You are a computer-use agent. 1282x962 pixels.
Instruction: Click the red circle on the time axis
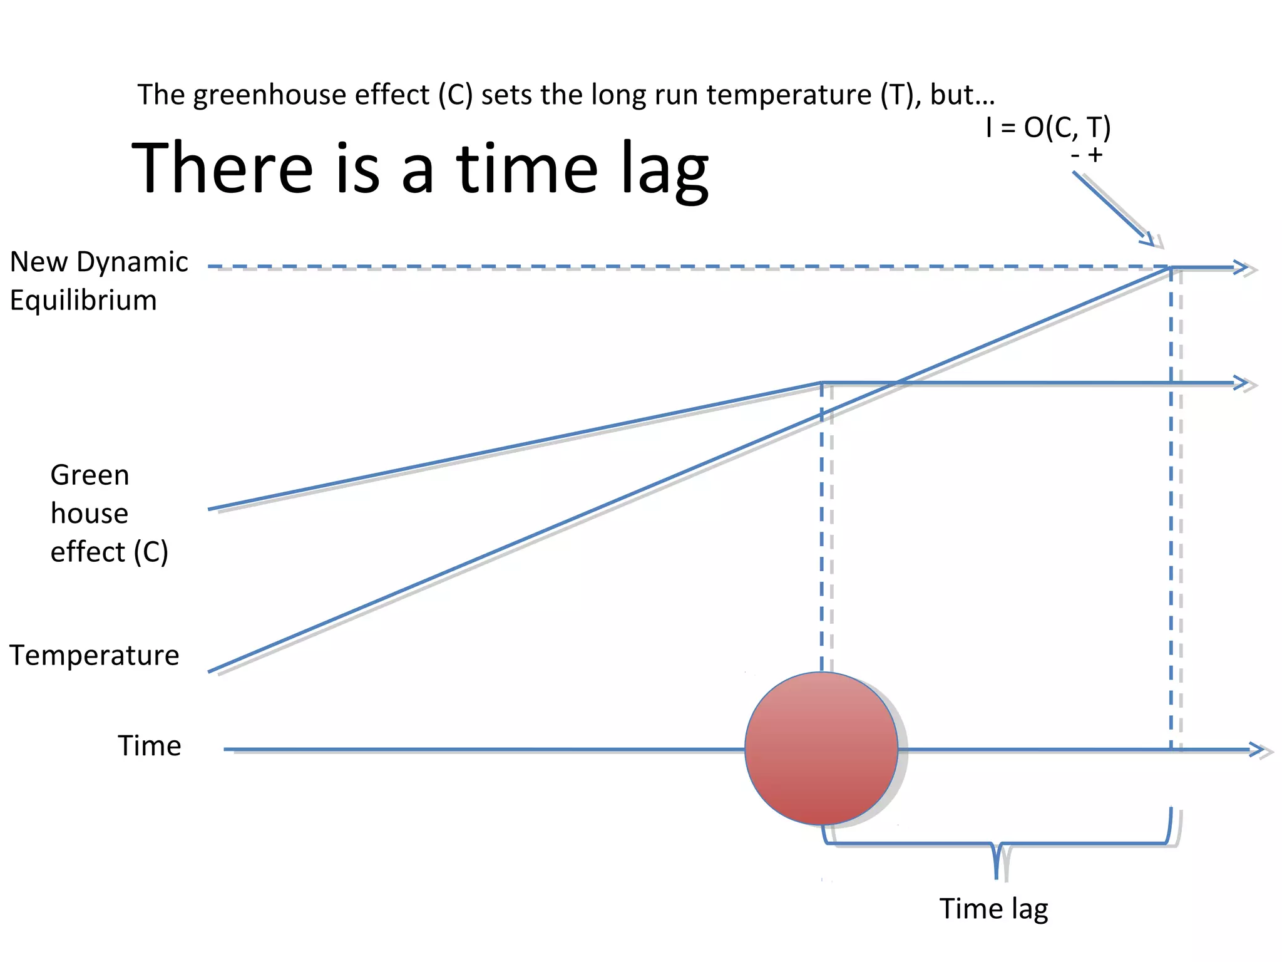tap(821, 748)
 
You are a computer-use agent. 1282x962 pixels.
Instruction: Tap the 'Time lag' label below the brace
tap(993, 909)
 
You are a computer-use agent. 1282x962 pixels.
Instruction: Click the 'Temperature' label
tap(95, 656)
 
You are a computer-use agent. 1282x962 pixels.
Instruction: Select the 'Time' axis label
tap(150, 746)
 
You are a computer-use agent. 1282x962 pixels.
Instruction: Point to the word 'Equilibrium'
tap(83, 301)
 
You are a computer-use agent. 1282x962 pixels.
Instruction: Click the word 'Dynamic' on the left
tap(132, 262)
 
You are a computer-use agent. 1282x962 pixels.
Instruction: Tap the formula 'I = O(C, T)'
tap(1048, 128)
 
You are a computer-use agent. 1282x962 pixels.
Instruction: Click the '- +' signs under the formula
tap(1087, 155)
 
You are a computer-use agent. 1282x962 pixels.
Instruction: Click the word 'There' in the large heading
tap(222, 168)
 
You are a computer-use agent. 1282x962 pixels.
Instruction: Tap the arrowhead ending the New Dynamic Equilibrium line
tap(1241, 267)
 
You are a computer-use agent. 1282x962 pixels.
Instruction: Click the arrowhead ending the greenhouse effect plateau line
tap(1241, 383)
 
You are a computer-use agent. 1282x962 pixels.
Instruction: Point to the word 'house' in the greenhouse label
tap(90, 514)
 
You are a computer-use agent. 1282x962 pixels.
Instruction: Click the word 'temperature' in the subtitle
tap(789, 95)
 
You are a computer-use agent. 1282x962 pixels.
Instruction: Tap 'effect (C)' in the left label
tap(110, 552)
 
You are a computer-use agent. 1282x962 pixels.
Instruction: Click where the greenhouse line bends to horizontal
tap(822, 383)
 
